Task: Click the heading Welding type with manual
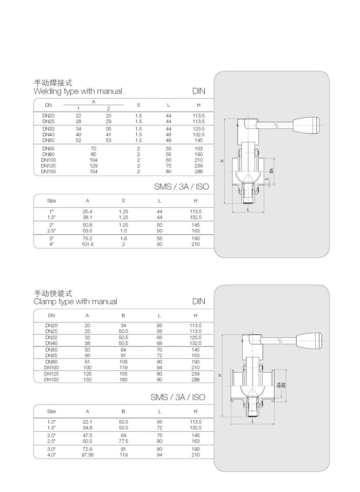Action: coord(78,92)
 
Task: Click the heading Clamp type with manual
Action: coord(75,302)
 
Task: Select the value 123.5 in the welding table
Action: coord(199,129)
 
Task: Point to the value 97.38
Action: coord(87,455)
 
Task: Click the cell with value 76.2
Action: coord(87,239)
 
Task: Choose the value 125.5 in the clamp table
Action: coord(195,337)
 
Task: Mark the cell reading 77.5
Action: coord(123,441)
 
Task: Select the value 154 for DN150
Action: coord(93,172)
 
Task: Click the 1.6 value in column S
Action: coord(123,239)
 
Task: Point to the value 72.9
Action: coord(87,449)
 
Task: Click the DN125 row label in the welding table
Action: coord(48,166)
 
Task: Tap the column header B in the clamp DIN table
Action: coord(123,315)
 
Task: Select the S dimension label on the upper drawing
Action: coord(266,179)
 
